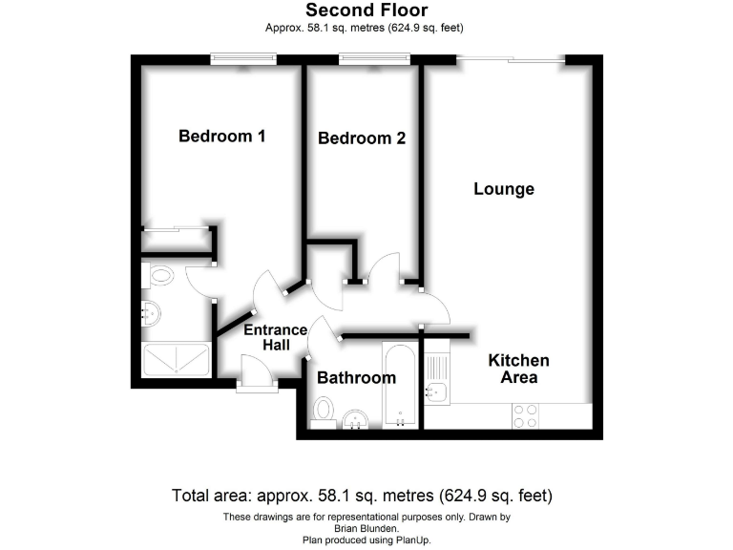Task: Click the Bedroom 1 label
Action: [x=221, y=137]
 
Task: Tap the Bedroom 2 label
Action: [x=362, y=138]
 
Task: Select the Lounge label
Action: [x=504, y=189]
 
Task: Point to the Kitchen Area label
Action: [x=518, y=369]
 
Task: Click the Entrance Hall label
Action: [x=275, y=337]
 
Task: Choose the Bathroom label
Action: [x=356, y=378]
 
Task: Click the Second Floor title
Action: [x=366, y=11]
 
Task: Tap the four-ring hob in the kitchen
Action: [x=525, y=416]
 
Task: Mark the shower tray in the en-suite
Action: [x=176, y=360]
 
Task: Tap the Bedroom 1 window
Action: [x=242, y=60]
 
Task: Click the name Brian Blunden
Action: [x=366, y=528]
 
